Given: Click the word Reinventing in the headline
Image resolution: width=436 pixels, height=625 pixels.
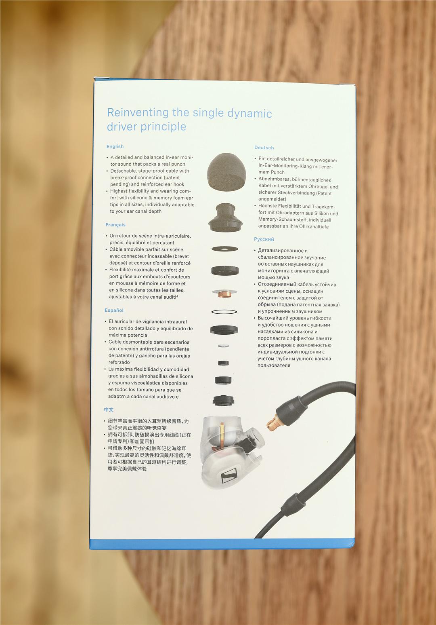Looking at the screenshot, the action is click(x=138, y=112).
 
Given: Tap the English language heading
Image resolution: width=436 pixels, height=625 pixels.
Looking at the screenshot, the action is click(x=115, y=146).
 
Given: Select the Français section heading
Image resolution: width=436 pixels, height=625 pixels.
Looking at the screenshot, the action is click(x=115, y=225).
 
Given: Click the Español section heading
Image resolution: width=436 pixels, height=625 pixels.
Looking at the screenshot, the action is click(x=114, y=310).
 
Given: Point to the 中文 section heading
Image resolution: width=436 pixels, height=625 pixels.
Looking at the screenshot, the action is click(x=109, y=410).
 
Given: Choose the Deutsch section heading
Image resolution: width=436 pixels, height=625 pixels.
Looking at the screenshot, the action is click(x=264, y=148).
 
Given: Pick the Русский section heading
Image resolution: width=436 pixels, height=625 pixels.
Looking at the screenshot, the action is click(x=264, y=239).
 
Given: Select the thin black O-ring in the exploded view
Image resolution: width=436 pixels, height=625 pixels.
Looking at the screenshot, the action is click(x=224, y=312).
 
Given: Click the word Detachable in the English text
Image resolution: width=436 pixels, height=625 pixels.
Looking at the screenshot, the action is click(x=123, y=171).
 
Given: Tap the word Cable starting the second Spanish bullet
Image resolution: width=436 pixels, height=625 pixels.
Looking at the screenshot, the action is click(x=115, y=342).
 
